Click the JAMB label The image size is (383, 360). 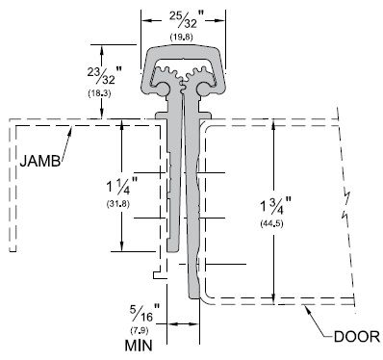(40, 161)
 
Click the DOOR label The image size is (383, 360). (357, 337)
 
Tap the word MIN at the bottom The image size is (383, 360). (139, 346)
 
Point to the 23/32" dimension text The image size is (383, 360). (105, 75)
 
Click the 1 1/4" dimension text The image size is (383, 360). (122, 186)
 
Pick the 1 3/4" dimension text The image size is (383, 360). (276, 205)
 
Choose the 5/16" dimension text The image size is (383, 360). (145, 313)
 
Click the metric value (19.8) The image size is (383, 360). (181, 38)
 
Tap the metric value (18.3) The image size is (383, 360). (99, 93)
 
